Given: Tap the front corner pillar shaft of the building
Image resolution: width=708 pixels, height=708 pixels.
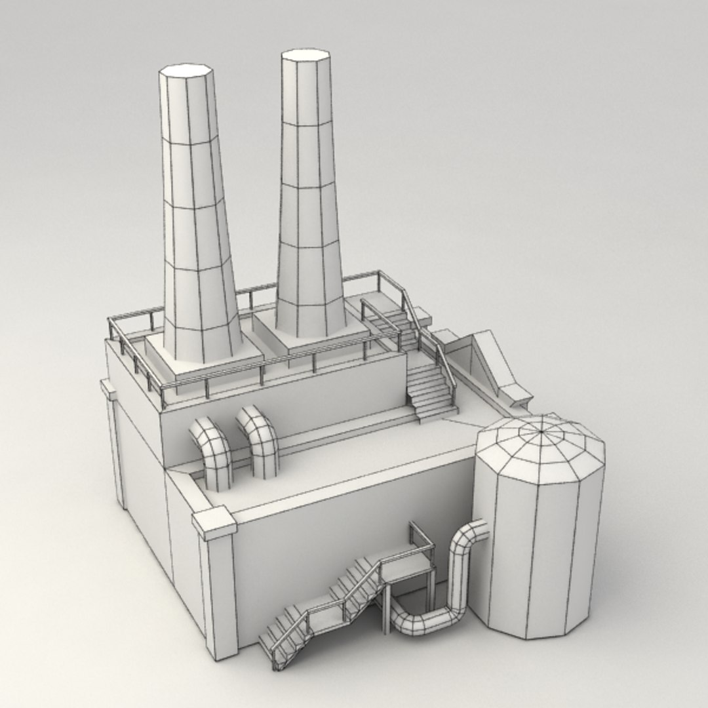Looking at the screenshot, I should coord(220,597).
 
